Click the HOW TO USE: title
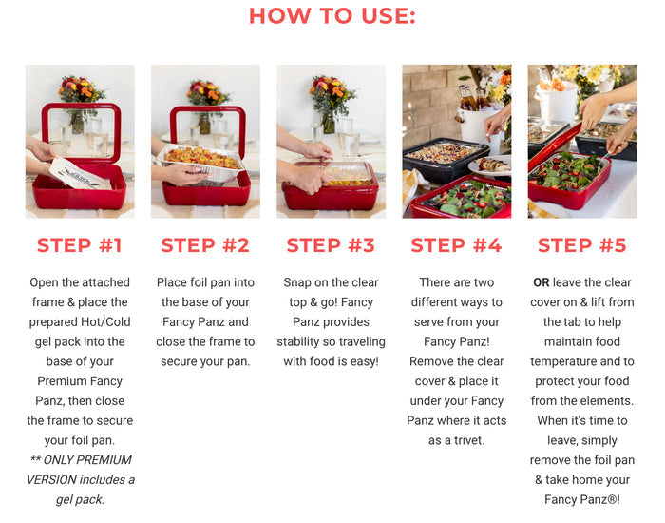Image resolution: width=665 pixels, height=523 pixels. coord(332,16)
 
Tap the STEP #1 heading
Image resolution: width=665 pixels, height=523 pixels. coord(80,245)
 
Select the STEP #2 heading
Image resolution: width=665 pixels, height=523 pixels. coord(205,245)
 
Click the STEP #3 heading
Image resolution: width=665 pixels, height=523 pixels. coord(331,245)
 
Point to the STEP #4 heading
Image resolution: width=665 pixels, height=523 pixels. coord(456,245)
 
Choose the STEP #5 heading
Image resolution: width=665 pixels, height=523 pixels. coord(581,245)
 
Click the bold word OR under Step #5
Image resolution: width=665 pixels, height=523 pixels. coord(541,282)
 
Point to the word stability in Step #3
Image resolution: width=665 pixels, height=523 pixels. coord(297,341)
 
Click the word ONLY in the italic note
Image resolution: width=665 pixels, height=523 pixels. coord(58,459)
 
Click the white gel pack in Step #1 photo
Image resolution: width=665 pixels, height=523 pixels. coord(79,174)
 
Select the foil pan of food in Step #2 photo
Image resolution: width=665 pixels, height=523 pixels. coord(200,162)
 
